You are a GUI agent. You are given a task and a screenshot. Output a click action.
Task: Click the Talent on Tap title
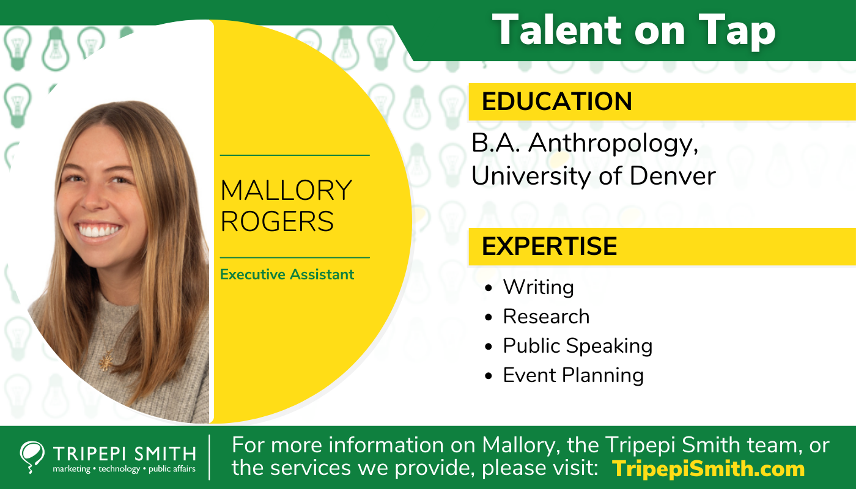pyautogui.click(x=633, y=30)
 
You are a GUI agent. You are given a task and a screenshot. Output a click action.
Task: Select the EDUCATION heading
pyautogui.click(x=556, y=101)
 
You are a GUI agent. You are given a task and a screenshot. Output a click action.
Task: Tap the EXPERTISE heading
pyautogui.click(x=549, y=246)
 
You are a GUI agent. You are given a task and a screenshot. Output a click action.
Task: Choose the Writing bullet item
pyautogui.click(x=538, y=287)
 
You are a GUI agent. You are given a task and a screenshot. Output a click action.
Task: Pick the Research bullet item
pyautogui.click(x=546, y=317)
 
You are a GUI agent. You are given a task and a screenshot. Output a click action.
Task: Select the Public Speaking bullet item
pyautogui.click(x=577, y=346)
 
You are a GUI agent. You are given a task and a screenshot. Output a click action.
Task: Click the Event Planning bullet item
pyautogui.click(x=573, y=375)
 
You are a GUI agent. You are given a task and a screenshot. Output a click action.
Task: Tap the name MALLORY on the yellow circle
pyautogui.click(x=286, y=190)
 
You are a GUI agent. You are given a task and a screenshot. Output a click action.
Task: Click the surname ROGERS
pyautogui.click(x=277, y=221)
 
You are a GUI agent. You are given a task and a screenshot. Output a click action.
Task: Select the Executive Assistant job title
pyautogui.click(x=287, y=274)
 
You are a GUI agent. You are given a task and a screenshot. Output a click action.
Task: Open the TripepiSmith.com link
pyautogui.click(x=709, y=469)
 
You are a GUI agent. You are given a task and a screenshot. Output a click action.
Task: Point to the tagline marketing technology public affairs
pyautogui.click(x=124, y=469)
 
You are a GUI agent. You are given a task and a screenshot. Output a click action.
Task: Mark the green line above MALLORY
pyautogui.click(x=295, y=155)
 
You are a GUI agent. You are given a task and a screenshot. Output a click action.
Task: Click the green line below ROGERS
pyautogui.click(x=295, y=257)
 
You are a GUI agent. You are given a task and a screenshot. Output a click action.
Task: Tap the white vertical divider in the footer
pyautogui.click(x=210, y=457)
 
